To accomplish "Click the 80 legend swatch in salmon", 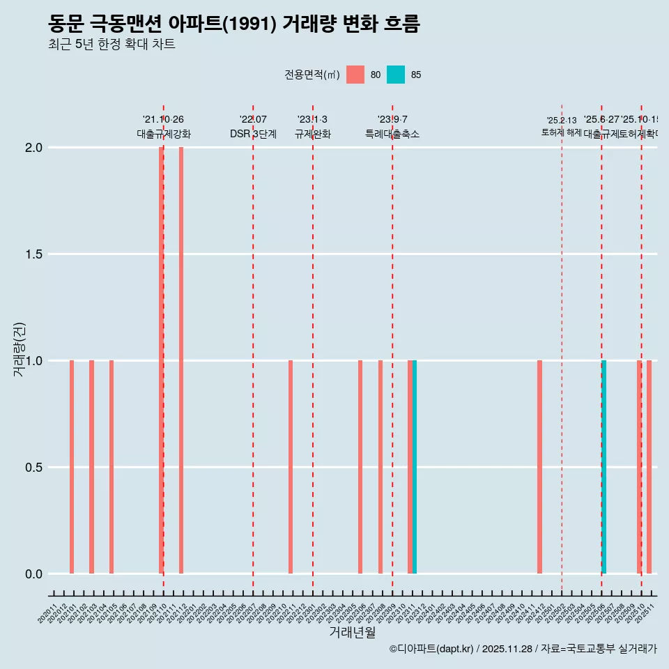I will [355, 75].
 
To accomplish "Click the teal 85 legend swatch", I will [396, 75].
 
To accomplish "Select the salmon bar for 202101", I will [72, 467].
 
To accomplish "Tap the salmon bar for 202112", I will [181, 360].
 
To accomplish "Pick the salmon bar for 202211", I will [291, 467].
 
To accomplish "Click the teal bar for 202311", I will [415, 467].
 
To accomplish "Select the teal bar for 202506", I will [603, 467].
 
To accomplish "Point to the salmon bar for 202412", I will [539, 467].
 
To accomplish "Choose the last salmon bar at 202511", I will [649, 467].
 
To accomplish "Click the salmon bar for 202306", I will [360, 467].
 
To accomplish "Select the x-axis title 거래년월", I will [352, 633].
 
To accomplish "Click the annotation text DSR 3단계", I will [253, 134].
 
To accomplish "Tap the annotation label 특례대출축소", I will [392, 134].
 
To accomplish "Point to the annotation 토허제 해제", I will [561, 132].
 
